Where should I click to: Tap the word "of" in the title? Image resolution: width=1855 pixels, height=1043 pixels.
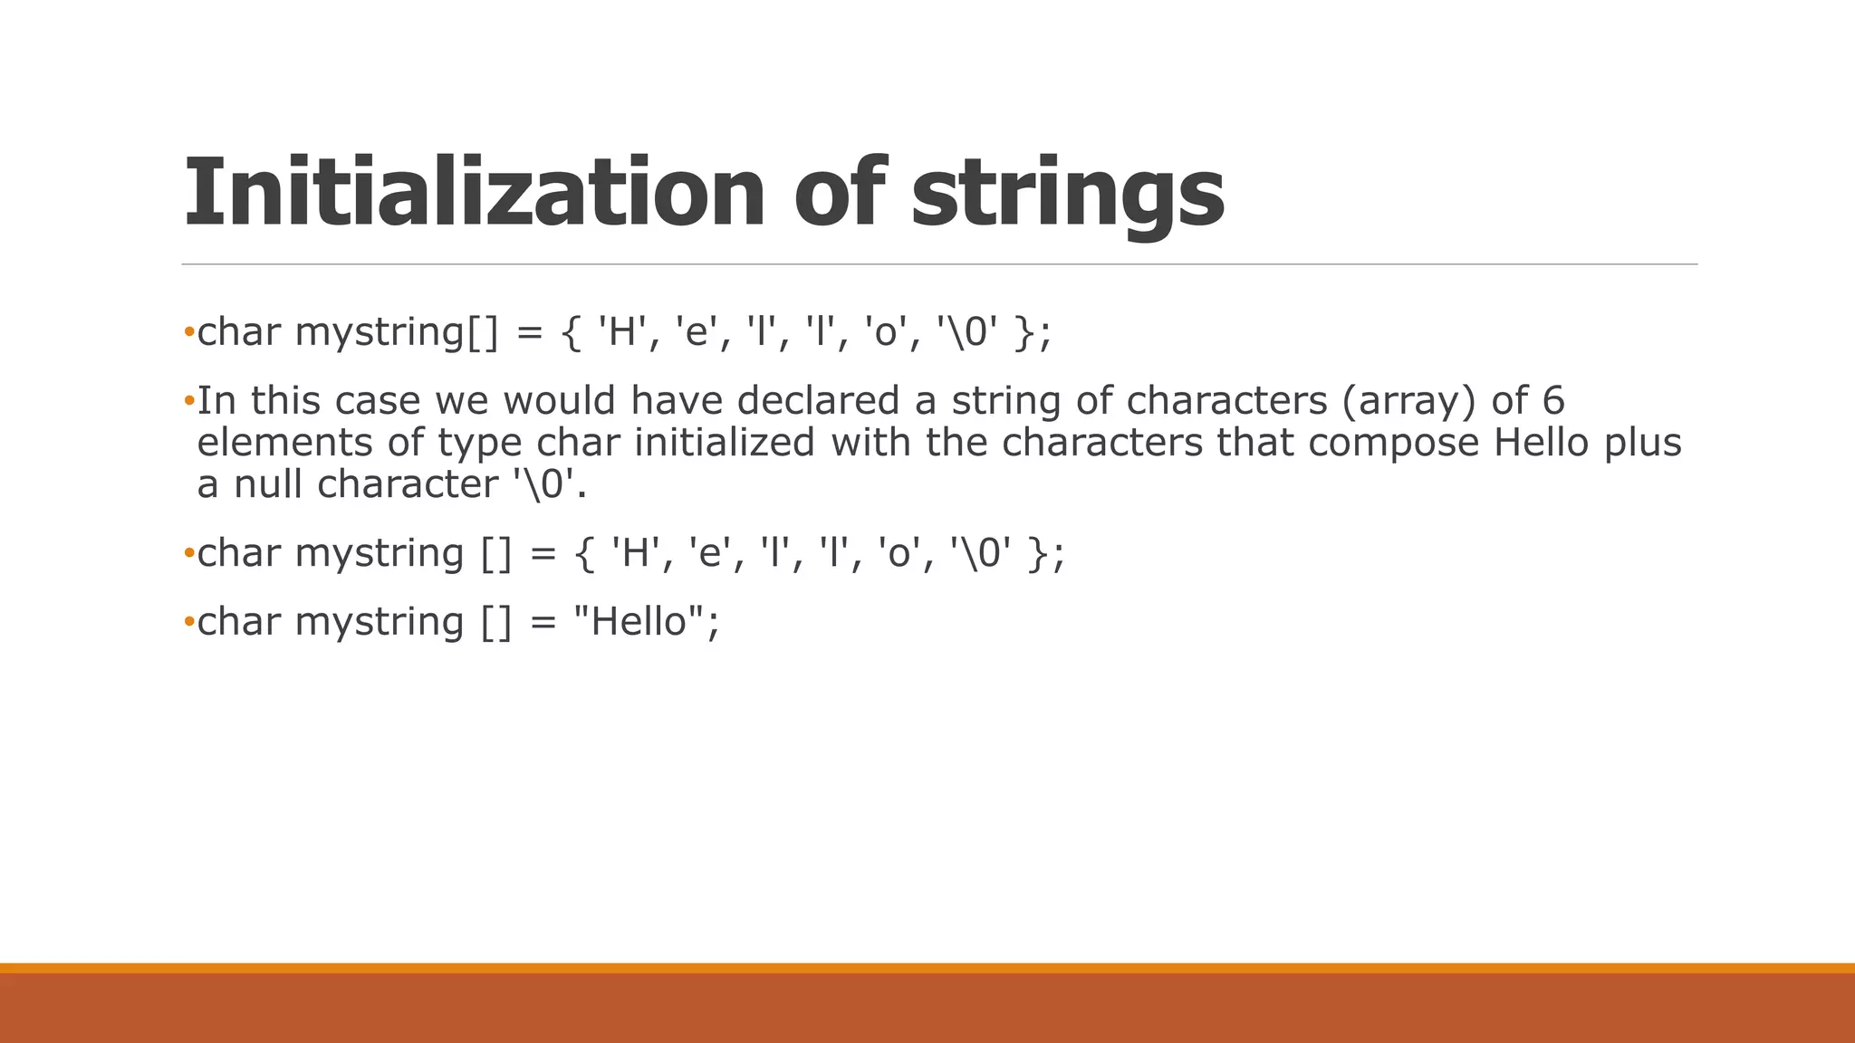tap(839, 192)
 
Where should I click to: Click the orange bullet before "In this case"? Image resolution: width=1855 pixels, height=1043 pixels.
tap(188, 399)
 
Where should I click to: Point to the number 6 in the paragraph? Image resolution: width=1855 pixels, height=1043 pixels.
tap(1552, 400)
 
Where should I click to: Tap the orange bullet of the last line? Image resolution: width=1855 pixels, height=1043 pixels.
tap(188, 621)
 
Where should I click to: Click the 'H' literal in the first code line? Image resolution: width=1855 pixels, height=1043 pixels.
tap(620, 331)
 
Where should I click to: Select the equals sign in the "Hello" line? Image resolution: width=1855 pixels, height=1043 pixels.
tap(542, 621)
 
